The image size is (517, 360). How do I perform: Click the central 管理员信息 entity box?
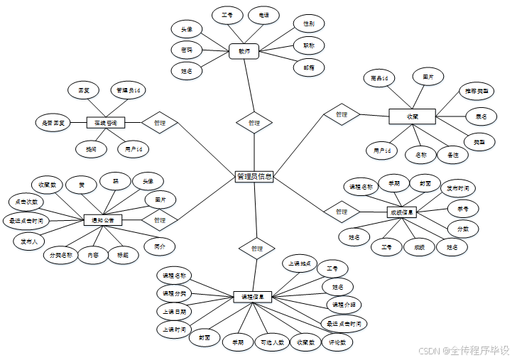coord(254,177)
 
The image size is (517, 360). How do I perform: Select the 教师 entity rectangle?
coord(244,51)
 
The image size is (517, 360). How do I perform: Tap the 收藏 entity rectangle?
coord(412,116)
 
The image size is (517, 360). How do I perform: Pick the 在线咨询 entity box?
coord(106,123)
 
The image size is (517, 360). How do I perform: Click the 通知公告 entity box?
coord(102,220)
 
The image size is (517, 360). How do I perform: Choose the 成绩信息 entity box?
coord(401,212)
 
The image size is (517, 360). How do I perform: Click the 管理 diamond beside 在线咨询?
coord(159,123)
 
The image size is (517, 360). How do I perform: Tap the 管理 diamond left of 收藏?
coord(342,114)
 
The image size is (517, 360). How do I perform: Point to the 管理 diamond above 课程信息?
coord(257,249)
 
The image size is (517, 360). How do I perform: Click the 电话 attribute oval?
coord(264,16)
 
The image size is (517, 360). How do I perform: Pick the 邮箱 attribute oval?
coord(309,67)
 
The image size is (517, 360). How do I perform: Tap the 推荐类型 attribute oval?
coord(477,92)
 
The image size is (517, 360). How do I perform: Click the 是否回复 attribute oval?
coord(53,123)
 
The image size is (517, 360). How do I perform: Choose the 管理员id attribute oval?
coord(129,90)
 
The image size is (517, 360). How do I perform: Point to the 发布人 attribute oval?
coord(30,241)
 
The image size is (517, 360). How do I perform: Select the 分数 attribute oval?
coord(462,229)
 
